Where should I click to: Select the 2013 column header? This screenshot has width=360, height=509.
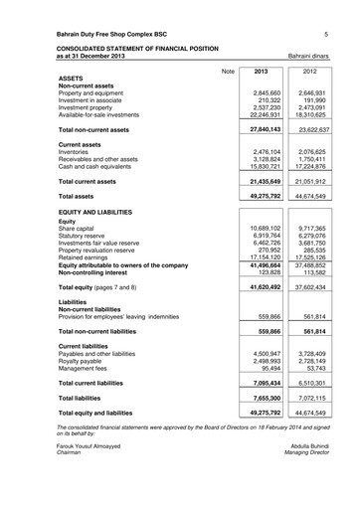[x=262, y=73]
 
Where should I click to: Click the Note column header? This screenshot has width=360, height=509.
[x=227, y=73]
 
